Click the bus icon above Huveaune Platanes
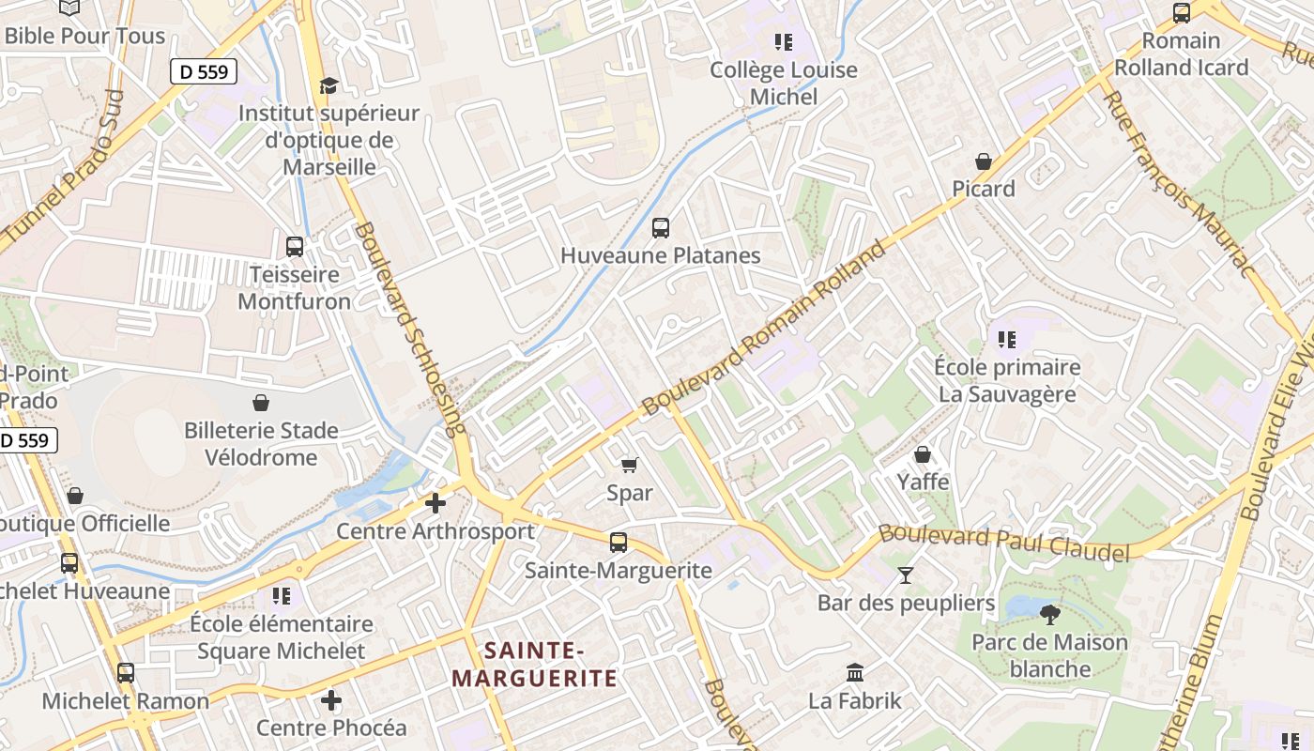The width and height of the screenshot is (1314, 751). (660, 227)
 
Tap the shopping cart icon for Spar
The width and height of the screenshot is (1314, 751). (629, 465)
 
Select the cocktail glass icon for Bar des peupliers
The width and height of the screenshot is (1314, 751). (906, 575)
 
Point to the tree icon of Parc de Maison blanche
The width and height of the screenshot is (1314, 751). (1049, 615)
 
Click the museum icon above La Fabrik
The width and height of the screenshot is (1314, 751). (854, 672)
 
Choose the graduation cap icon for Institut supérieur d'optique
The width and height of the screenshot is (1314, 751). (328, 86)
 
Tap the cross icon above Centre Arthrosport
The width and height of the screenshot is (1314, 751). (435, 503)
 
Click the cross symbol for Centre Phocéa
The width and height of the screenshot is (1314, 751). (330, 700)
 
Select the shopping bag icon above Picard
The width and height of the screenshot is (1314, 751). (983, 161)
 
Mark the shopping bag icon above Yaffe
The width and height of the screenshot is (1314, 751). (923, 454)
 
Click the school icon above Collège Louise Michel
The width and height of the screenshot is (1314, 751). (783, 42)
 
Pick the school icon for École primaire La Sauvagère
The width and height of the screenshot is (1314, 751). (1006, 339)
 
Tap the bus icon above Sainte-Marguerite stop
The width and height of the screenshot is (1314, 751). (618, 542)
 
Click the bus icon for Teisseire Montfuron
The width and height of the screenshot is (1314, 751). (294, 247)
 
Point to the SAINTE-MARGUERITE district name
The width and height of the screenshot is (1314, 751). (534, 664)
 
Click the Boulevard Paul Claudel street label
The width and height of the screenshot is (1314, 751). (1003, 544)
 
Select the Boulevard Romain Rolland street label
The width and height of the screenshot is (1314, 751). (765, 329)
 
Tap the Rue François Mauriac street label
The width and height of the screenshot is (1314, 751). (1177, 184)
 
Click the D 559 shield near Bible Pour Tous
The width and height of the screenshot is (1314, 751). (204, 71)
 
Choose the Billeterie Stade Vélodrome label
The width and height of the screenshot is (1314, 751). (262, 444)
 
